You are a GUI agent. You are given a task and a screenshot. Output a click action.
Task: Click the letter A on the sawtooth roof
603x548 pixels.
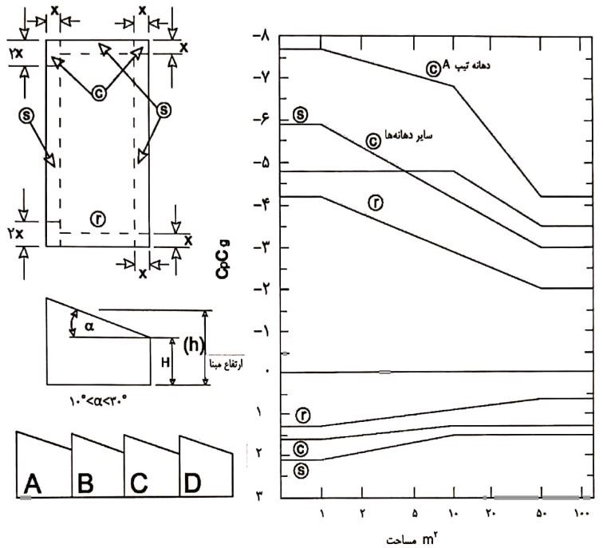pyautogui.click(x=33, y=482)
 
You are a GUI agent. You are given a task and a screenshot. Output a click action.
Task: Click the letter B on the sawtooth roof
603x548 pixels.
pyautogui.click(x=86, y=482)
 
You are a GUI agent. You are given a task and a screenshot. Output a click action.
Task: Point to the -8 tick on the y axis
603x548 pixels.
pyautogui.click(x=262, y=36)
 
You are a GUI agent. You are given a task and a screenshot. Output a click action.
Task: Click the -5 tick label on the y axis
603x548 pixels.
pyautogui.click(x=262, y=162)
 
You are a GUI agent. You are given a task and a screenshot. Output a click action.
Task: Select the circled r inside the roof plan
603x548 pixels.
pyautogui.click(x=97, y=219)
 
